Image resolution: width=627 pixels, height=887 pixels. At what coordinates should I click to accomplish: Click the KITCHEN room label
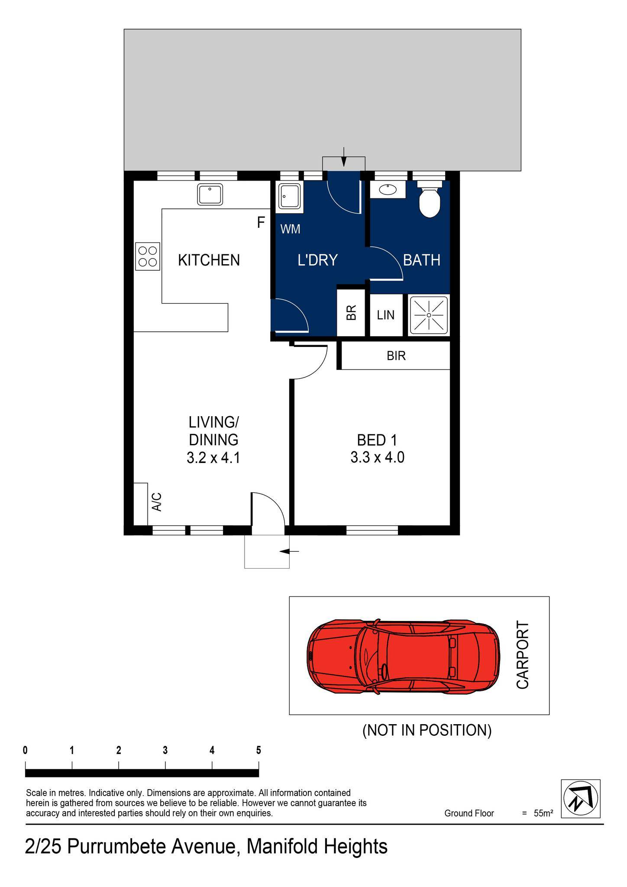209,260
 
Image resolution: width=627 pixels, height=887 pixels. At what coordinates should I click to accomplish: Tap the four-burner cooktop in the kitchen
148,256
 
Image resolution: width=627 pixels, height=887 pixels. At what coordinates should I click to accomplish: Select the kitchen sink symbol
210,194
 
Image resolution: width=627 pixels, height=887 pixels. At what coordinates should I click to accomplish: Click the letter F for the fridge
261,223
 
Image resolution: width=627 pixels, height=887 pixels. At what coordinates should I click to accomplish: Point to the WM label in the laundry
290,230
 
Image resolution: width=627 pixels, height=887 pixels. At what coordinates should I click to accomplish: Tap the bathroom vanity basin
387,189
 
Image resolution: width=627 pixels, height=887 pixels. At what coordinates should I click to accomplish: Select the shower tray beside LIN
428,315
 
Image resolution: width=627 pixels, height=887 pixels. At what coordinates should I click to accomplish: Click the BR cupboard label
352,313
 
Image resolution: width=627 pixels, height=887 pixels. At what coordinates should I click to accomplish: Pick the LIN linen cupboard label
385,315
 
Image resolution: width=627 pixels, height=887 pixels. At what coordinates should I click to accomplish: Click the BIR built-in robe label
396,356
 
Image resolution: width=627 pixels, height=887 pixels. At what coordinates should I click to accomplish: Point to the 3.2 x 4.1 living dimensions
213,458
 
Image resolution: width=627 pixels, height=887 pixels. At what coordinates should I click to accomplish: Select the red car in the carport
403,657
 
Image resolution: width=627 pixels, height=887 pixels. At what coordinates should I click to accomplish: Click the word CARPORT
523,655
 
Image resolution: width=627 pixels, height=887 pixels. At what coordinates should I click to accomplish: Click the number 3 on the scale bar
165,751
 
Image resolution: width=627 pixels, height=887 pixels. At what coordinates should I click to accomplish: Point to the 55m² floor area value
543,813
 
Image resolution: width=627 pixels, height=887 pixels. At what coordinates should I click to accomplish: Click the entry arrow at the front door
289,551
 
